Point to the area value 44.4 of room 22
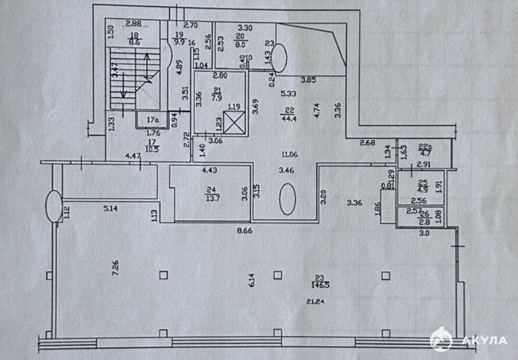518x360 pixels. click(x=288, y=117)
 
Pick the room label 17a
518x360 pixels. click(x=152, y=119)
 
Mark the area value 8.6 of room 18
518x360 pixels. click(x=134, y=41)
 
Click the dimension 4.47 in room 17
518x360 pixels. click(x=133, y=155)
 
